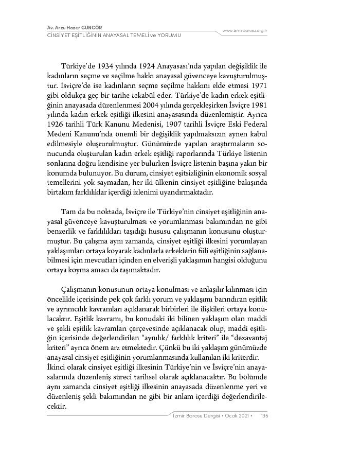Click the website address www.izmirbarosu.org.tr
[x=245, y=31]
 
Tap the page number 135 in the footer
[x=264, y=415]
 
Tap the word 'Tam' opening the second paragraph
[x=68, y=212]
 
